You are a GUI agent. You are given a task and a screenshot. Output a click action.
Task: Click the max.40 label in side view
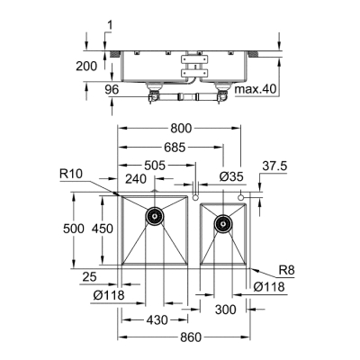click(256, 90)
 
